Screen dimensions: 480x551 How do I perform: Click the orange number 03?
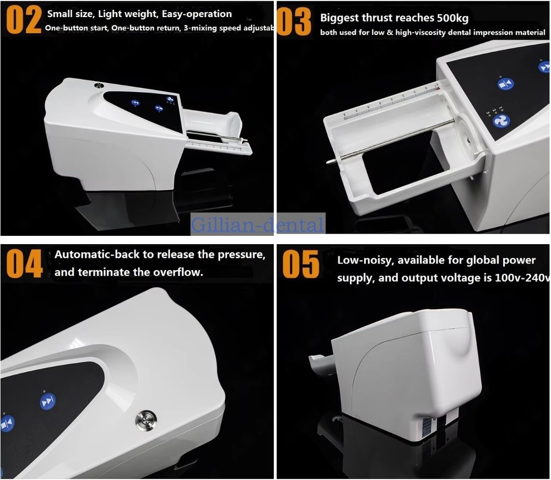point(295,22)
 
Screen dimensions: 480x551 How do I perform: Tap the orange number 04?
point(24,263)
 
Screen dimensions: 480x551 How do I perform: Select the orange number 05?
point(300,264)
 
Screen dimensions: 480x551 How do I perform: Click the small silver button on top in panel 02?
point(99,85)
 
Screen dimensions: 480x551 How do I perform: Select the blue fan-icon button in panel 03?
point(501,121)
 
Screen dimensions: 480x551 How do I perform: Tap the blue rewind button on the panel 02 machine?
point(135,103)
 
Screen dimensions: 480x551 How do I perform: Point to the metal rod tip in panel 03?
point(329,161)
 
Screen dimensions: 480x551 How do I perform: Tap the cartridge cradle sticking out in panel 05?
point(319,364)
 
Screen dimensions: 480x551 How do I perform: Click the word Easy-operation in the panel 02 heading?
point(194,14)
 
